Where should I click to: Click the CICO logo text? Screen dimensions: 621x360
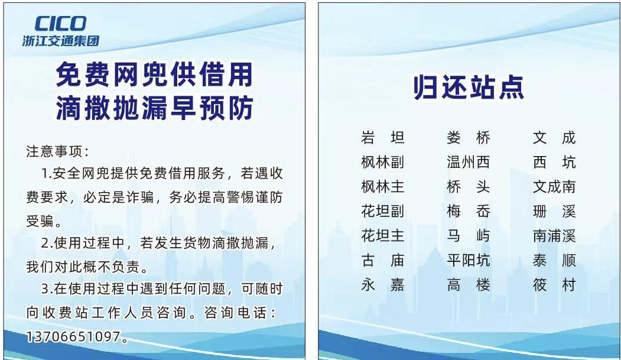tap(60, 24)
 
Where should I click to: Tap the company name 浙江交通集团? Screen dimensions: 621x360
tap(61, 41)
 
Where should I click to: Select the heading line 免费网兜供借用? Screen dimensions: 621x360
tap(154, 74)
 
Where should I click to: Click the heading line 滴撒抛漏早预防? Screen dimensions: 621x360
tap(154, 108)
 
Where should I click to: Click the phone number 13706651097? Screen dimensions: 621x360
tap(73, 336)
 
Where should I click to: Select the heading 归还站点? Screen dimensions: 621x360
tap(469, 87)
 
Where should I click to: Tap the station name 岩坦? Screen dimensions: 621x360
tap(382, 137)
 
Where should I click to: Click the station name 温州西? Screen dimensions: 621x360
tap(468, 162)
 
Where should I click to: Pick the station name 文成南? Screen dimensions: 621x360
tap(554, 187)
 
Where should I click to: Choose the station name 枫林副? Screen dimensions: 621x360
tap(382, 162)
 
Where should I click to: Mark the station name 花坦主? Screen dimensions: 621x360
tap(382, 236)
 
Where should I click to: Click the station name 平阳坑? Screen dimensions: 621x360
tap(468, 260)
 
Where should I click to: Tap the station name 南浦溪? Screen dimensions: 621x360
tap(554, 236)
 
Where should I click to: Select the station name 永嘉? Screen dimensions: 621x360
tap(382, 285)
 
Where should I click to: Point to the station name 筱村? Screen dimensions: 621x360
tap(554, 285)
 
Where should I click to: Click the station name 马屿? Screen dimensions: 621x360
tap(468, 236)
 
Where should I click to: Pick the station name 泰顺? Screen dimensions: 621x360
tap(554, 260)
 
